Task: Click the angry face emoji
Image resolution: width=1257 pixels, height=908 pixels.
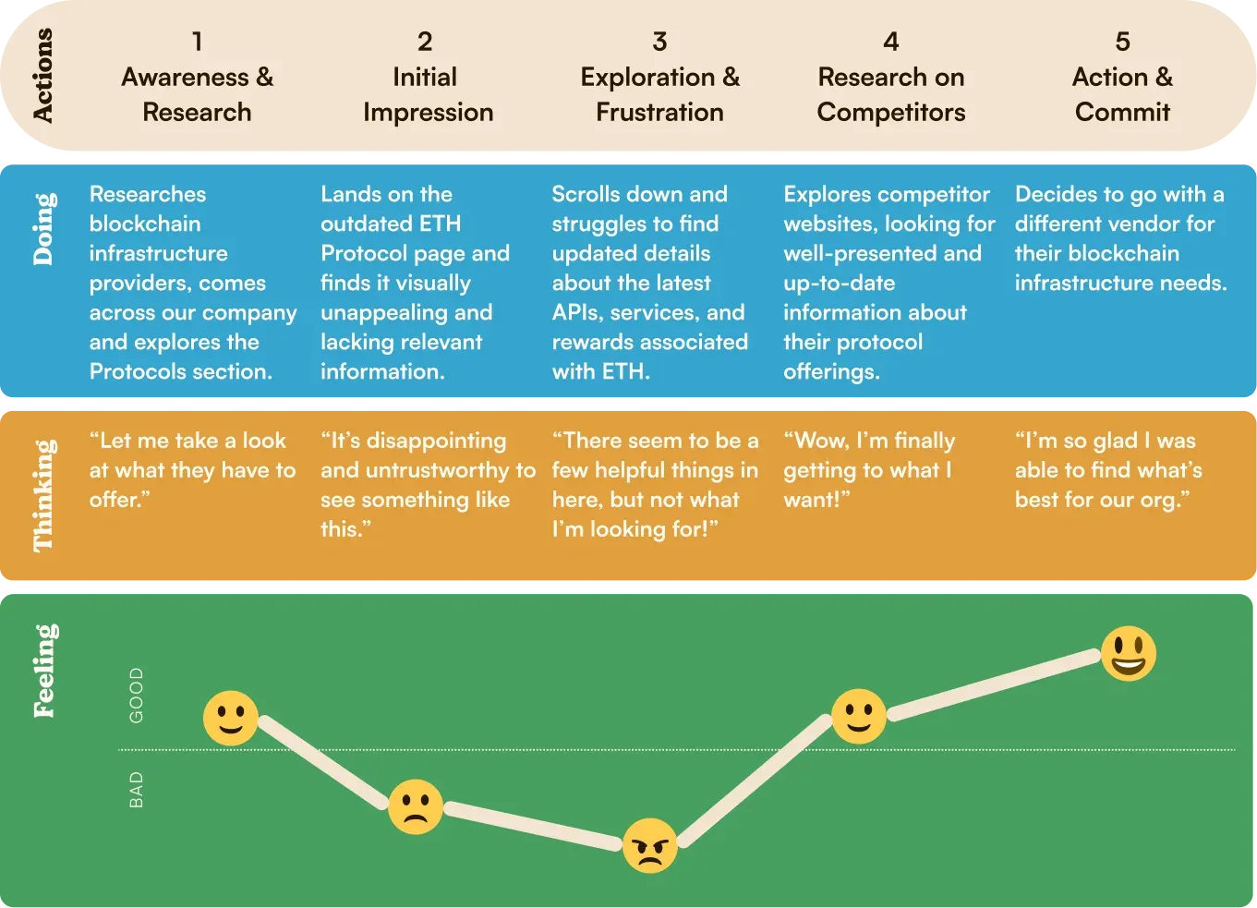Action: coord(650,845)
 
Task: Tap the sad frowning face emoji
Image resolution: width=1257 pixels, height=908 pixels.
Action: coord(416,806)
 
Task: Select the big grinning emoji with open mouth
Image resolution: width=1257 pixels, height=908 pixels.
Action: coord(1128,654)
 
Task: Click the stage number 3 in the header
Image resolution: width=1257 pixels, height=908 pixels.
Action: coord(660,42)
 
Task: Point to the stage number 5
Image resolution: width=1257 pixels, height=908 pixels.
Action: coord(1122,42)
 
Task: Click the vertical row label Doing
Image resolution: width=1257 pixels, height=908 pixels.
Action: coord(44,229)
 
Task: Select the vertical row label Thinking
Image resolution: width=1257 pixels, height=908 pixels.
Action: coord(44,495)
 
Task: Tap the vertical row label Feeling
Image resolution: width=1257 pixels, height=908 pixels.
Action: coord(44,671)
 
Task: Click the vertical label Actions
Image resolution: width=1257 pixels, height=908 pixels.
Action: coord(42,75)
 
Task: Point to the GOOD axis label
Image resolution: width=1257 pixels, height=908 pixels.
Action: coord(137,696)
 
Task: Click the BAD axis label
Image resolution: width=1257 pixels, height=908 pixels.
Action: coord(137,790)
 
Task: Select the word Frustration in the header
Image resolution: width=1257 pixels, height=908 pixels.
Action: coord(660,113)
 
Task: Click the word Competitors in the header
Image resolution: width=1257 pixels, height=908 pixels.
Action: coord(891,113)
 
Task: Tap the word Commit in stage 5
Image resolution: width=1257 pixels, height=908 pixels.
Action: coord(1122,113)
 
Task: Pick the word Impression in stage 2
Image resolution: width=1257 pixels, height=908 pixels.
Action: coord(429,113)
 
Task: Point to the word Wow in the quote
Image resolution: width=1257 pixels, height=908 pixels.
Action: coord(816,442)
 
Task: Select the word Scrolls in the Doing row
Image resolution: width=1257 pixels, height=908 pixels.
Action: coord(585,194)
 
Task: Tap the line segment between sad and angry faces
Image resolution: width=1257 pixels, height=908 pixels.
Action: coord(533,826)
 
